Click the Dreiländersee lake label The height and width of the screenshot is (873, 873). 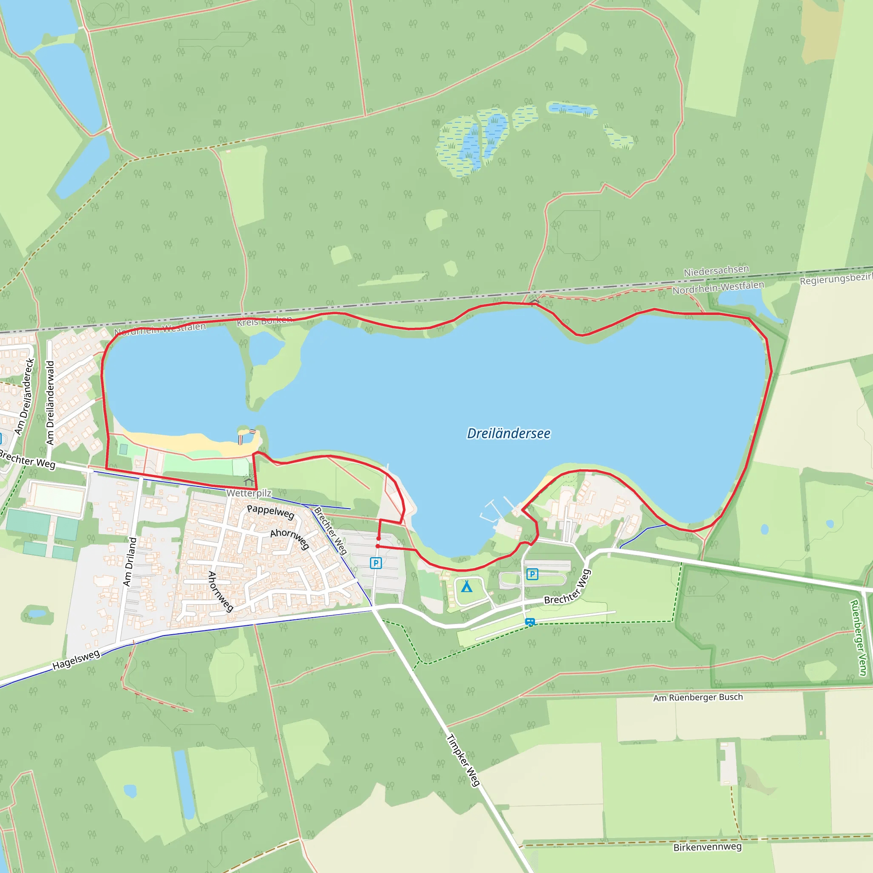click(509, 434)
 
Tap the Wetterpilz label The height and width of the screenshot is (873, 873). click(249, 493)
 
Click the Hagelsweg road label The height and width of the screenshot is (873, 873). click(76, 660)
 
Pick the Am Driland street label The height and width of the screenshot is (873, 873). click(130, 562)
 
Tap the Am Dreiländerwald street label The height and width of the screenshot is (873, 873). click(50, 402)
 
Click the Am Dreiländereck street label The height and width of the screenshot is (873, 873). click(24, 396)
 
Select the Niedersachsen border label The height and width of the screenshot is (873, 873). click(716, 271)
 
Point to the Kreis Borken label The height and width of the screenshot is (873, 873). click(264, 321)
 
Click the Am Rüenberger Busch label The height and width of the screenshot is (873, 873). click(698, 697)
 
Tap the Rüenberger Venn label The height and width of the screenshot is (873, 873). click(858, 638)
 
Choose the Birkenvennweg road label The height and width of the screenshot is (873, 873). click(707, 847)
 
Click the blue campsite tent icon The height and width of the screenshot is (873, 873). click(466, 587)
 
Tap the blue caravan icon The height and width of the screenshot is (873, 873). click(530, 622)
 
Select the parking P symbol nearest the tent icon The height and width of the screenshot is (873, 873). click(532, 574)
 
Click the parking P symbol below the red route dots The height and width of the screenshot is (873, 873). click(376, 563)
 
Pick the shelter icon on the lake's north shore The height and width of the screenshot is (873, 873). click(535, 301)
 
